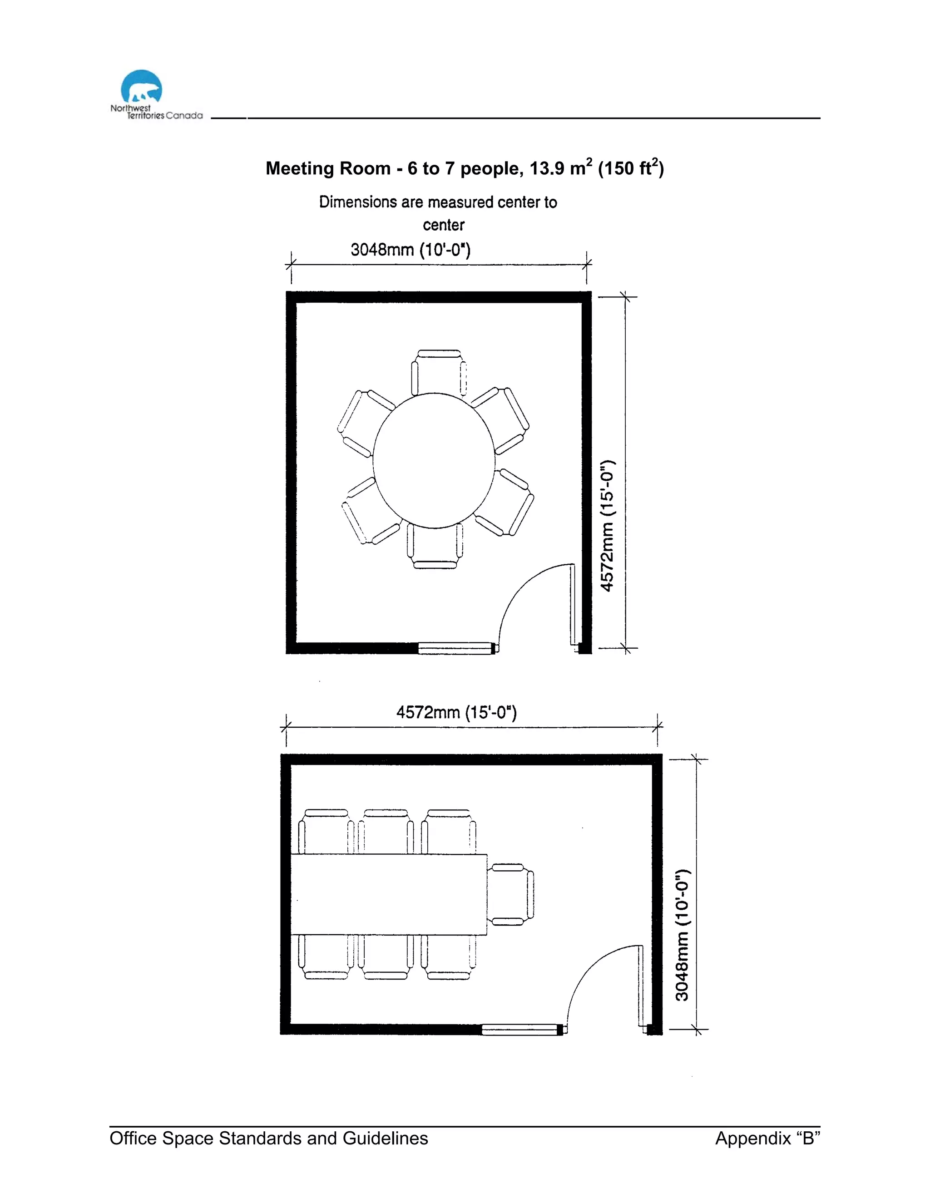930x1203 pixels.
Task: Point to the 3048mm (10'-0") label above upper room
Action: click(x=411, y=250)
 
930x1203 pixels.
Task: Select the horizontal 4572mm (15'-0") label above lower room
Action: click(x=456, y=713)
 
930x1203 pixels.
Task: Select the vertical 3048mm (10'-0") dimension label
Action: click(x=682, y=935)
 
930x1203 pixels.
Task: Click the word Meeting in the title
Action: click(x=300, y=168)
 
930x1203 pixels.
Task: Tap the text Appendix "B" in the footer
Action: click(x=767, y=1138)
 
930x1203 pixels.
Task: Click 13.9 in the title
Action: click(x=547, y=168)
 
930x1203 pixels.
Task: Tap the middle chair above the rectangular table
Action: click(x=386, y=832)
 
